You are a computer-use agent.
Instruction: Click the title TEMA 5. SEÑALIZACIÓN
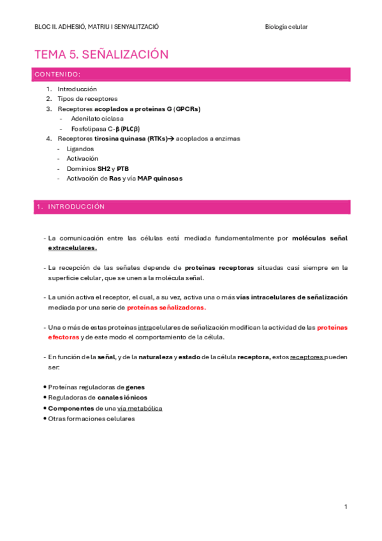pyautogui.click(x=101, y=54)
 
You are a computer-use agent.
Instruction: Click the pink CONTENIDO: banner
pyautogui.click(x=191, y=75)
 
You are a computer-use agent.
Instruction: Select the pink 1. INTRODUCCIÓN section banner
pyautogui.click(x=191, y=207)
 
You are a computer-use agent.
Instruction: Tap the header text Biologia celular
pyautogui.click(x=286, y=26)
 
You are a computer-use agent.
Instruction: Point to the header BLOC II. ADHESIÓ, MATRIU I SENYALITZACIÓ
pyautogui.click(x=96, y=26)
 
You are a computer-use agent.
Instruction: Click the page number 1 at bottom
pyautogui.click(x=345, y=507)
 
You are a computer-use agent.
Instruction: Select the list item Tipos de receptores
pyautogui.click(x=87, y=99)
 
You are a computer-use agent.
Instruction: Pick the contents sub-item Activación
pyautogui.click(x=82, y=158)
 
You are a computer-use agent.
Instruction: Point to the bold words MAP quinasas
pyautogui.click(x=159, y=179)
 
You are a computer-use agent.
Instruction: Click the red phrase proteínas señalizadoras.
pyautogui.click(x=166, y=307)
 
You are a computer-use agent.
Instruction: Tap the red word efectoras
pyautogui.click(x=63, y=337)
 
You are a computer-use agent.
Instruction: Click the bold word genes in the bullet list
pyautogui.click(x=135, y=387)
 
